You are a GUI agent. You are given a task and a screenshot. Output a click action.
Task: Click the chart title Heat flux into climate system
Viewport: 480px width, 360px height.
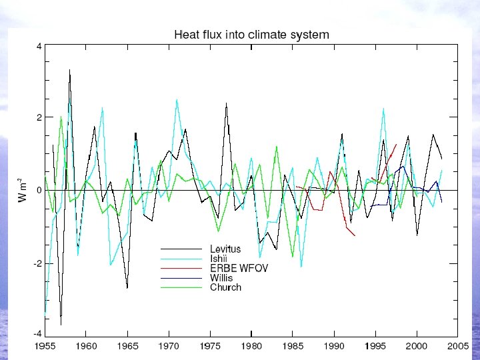[x=251, y=34]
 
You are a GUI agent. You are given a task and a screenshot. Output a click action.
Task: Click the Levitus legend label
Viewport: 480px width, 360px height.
[x=225, y=249]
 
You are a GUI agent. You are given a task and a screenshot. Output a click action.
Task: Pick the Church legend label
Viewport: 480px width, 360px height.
[x=225, y=287]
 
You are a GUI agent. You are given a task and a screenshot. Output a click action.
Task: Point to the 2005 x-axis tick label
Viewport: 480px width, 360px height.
[x=457, y=346]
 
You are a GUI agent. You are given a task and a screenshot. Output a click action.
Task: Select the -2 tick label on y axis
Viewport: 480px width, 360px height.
[x=37, y=263]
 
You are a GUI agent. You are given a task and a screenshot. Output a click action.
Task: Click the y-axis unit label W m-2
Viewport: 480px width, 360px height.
[x=21, y=190]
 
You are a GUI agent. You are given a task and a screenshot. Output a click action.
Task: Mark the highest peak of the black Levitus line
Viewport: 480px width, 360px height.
[x=69, y=69]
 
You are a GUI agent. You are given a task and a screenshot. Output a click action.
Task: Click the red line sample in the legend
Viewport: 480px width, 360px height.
[x=180, y=269]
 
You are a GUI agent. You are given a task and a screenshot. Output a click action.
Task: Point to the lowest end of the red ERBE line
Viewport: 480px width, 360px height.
[x=355, y=236]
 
